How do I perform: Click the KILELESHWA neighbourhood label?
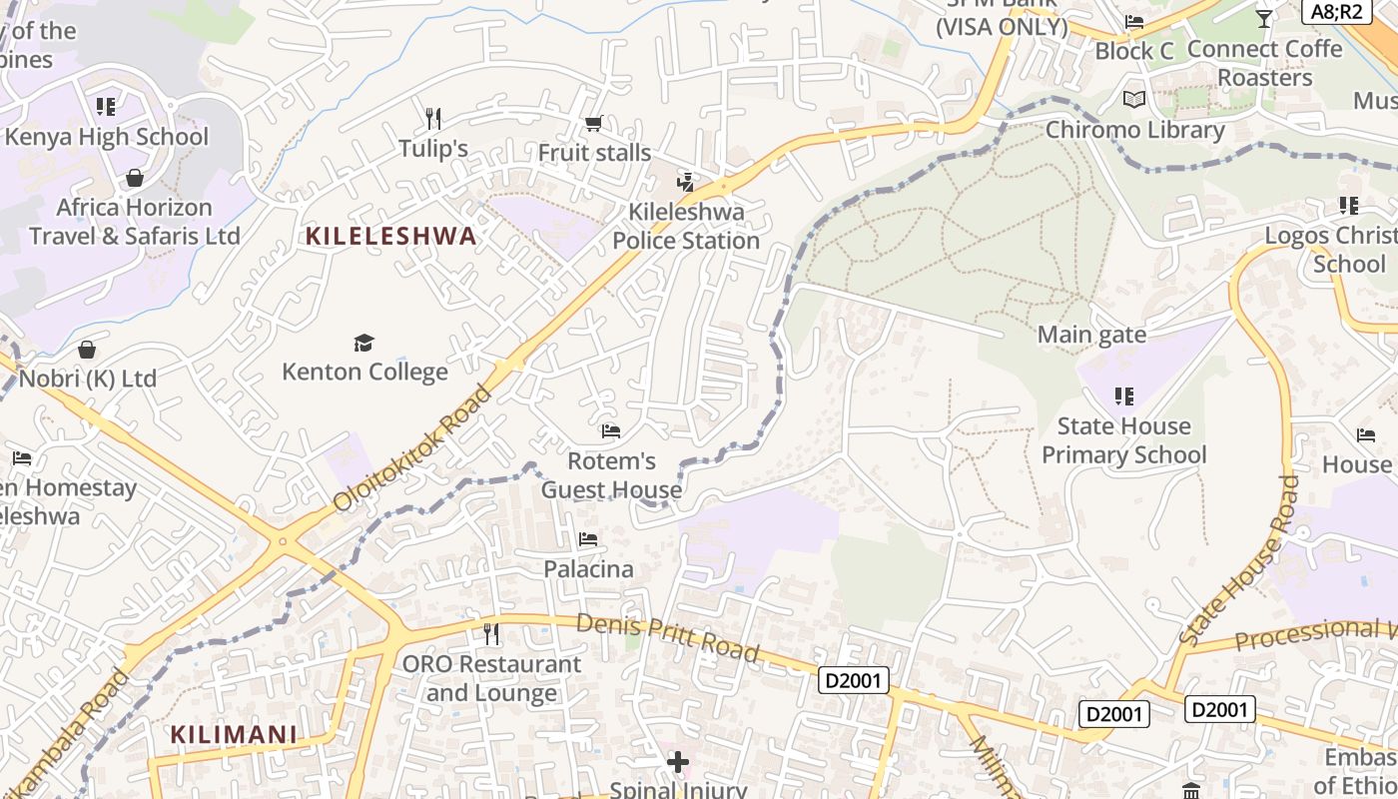pyautogui.click(x=390, y=237)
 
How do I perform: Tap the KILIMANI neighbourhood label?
pyautogui.click(x=234, y=735)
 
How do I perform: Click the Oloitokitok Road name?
pyautogui.click(x=412, y=448)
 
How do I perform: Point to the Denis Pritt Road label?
pyautogui.click(x=667, y=637)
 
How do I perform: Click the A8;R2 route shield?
pyautogui.click(x=1336, y=11)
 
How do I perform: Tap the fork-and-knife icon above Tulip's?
pyautogui.click(x=433, y=119)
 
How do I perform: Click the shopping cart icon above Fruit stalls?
pyautogui.click(x=594, y=124)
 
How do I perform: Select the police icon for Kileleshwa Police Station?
pyautogui.click(x=685, y=183)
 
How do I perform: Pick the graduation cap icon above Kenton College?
pyautogui.click(x=363, y=344)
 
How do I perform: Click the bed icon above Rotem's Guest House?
pyautogui.click(x=611, y=431)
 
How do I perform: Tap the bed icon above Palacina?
pyautogui.click(x=588, y=539)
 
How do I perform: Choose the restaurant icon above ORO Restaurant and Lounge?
pyautogui.click(x=491, y=634)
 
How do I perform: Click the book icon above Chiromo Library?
pyautogui.click(x=1134, y=100)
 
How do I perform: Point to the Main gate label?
pyautogui.click(x=1091, y=335)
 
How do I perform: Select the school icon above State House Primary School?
pyautogui.click(x=1124, y=397)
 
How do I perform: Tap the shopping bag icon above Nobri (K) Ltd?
pyautogui.click(x=88, y=350)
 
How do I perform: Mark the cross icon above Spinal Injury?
pyautogui.click(x=678, y=763)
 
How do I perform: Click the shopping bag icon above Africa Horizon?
pyautogui.click(x=135, y=178)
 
